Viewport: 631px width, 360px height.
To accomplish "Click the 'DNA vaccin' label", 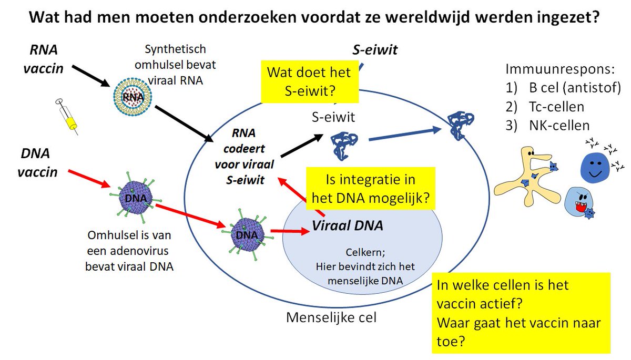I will (x=39, y=163).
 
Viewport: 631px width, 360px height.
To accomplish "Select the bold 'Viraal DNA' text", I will (x=347, y=226).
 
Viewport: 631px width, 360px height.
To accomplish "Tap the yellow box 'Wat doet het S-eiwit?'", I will (x=309, y=81).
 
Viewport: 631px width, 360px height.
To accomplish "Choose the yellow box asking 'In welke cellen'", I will (x=521, y=312).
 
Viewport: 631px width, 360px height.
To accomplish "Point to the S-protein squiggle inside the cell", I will (x=345, y=145).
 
